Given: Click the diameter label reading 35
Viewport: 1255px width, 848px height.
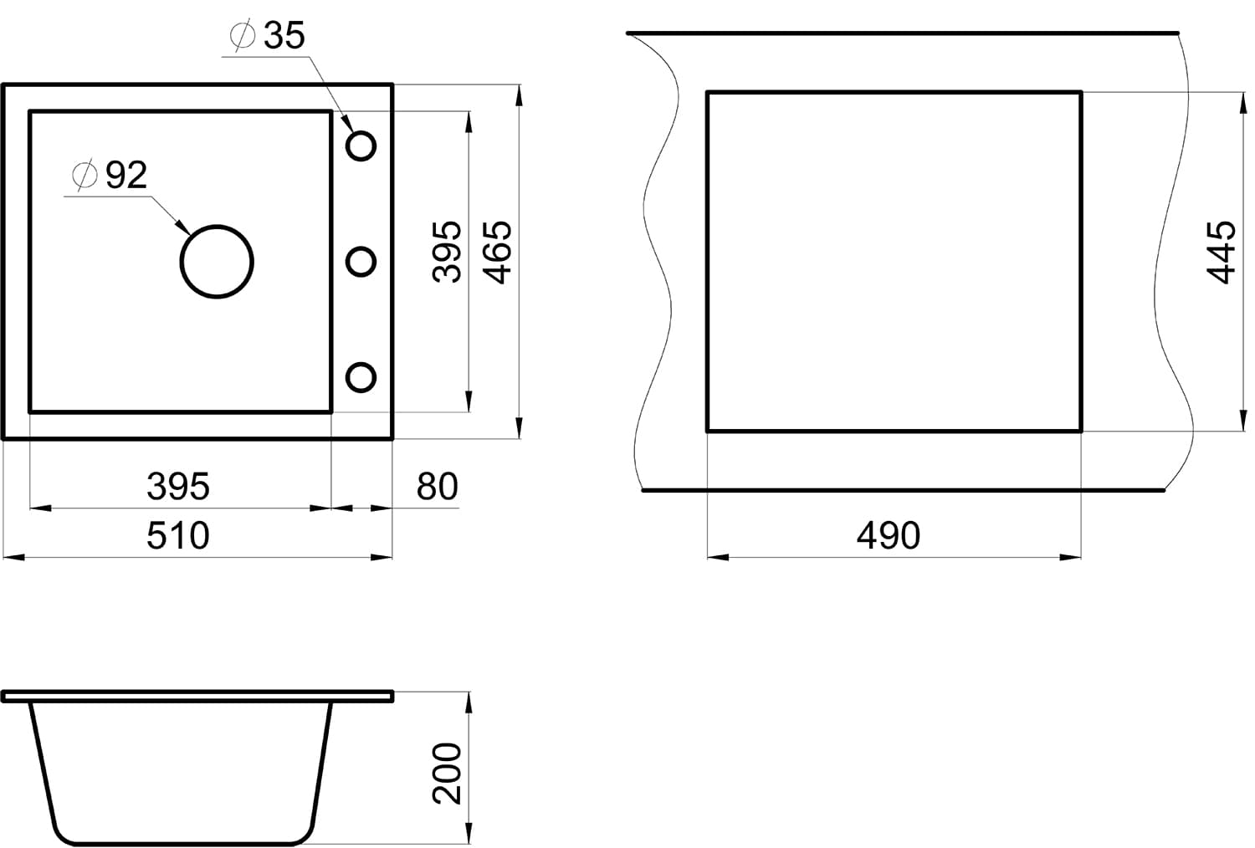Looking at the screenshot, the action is click(x=284, y=35).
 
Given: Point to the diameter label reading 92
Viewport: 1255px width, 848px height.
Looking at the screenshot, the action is click(x=126, y=175).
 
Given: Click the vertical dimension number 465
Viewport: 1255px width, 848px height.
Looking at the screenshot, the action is click(x=496, y=253).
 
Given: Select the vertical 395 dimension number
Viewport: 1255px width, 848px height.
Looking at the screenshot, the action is click(x=447, y=252).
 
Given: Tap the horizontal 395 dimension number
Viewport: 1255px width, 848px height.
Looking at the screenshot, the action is click(x=178, y=486).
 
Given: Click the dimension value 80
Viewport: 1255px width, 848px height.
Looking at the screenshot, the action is click(x=437, y=486).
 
